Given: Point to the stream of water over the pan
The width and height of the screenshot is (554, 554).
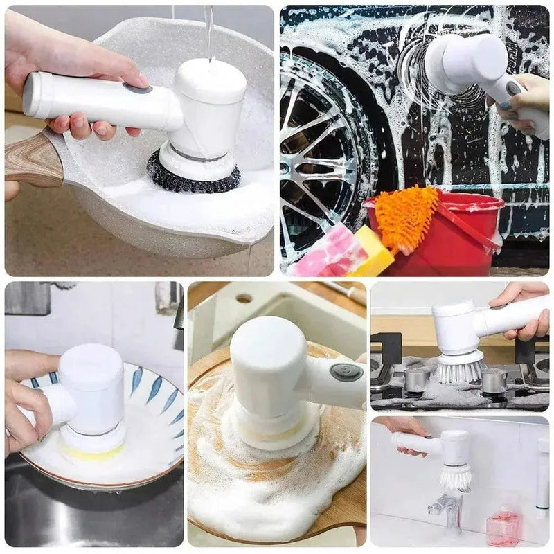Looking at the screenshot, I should click(208, 28).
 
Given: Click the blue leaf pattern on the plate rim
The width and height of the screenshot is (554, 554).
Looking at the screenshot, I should click(136, 381).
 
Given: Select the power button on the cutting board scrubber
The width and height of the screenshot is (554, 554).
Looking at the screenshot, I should click(346, 372).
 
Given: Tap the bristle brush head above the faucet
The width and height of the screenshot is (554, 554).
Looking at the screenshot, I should click(455, 476).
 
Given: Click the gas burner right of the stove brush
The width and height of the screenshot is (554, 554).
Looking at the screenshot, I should click(494, 379).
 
